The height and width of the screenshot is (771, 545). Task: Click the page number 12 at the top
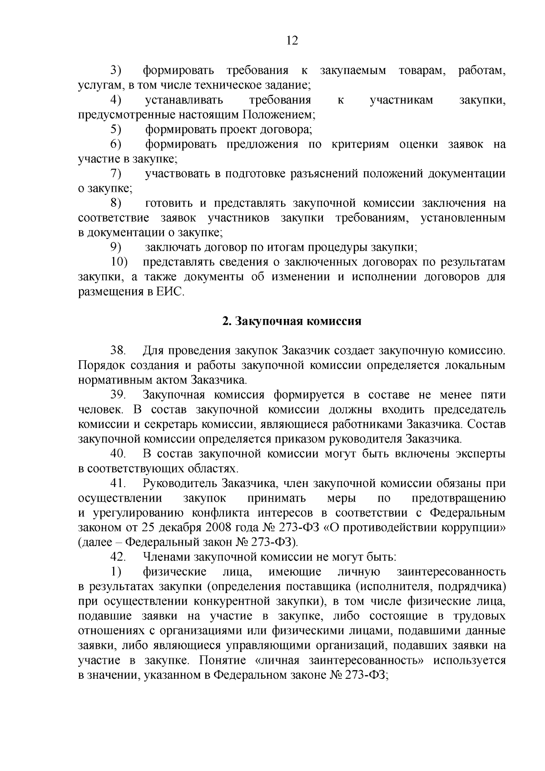click(292, 41)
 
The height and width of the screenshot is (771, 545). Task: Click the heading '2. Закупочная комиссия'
click(292, 322)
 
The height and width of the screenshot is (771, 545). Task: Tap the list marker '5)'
click(116, 130)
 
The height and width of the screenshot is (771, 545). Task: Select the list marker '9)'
click(116, 248)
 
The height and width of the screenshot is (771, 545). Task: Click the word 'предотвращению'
click(459, 498)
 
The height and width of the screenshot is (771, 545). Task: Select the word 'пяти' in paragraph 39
click(493, 395)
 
